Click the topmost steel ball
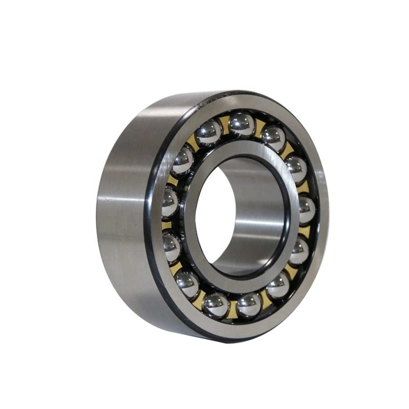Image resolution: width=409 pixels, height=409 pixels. tap(242, 123)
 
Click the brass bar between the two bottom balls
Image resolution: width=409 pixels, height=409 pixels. tap(233, 309)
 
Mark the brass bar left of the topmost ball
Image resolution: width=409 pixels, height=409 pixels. tap(225, 123)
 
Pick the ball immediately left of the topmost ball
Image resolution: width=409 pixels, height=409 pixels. tap(209, 132)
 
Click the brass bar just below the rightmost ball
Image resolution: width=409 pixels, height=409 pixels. tap(305, 231)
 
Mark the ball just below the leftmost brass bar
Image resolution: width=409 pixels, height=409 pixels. tap(171, 246)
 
